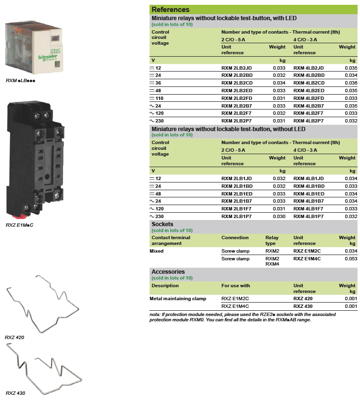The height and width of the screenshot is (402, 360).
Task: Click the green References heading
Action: (170, 10)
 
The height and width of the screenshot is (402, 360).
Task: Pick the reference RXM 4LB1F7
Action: (309, 208)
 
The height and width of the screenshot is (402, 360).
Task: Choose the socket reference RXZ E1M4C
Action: (307, 259)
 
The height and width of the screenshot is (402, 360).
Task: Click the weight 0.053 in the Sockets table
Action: (351, 259)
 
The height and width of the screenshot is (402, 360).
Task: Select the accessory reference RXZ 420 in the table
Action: (303, 298)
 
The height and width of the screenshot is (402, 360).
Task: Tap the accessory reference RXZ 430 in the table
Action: (303, 306)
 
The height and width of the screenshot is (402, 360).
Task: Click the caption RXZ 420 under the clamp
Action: (14, 337)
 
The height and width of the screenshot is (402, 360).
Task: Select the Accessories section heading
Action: (168, 272)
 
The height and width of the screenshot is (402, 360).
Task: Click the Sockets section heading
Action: (162, 224)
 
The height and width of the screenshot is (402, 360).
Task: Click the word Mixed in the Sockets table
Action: (158, 251)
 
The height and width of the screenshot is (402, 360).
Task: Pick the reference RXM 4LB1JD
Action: (309, 178)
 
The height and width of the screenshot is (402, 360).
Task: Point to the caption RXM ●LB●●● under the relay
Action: (21, 80)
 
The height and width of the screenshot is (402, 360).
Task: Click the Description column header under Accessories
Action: (165, 285)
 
